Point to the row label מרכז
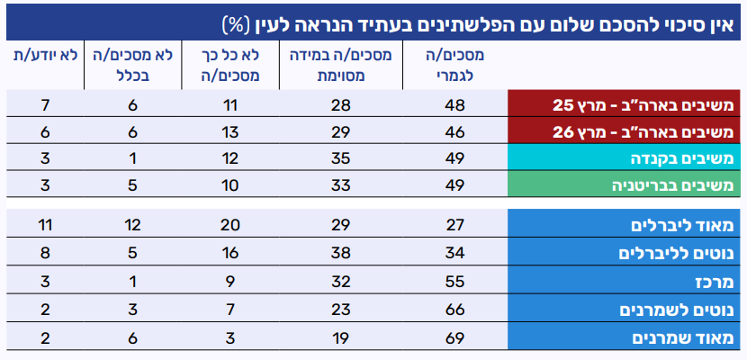click(x=716, y=282)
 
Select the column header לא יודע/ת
click(x=44, y=55)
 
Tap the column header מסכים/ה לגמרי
click(x=454, y=65)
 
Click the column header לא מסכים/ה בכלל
click(x=130, y=65)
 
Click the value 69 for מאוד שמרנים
click(x=454, y=338)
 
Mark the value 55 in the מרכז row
click(x=454, y=282)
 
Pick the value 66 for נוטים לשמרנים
click(x=454, y=310)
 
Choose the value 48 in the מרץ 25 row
click(x=454, y=104)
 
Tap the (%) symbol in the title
click(x=242, y=20)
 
